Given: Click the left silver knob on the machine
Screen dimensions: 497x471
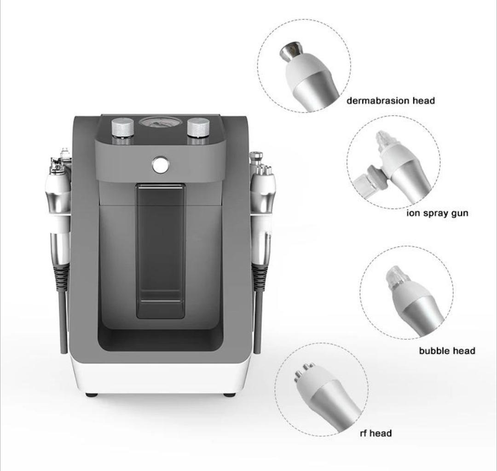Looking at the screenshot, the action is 123,128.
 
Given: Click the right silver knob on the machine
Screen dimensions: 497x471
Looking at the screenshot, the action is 198,128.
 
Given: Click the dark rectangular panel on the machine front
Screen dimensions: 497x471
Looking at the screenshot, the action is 161,251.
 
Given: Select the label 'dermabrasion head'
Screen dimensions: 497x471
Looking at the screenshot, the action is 391,101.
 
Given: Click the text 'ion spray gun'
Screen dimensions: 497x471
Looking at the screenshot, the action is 438,213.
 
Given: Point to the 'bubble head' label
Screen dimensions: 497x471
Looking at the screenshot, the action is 447,350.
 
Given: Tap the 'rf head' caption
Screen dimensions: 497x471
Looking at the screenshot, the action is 376,433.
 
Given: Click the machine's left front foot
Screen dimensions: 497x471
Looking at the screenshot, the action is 92,395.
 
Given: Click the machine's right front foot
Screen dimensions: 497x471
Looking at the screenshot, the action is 229,395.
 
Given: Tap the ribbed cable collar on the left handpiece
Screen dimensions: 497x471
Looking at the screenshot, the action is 61,277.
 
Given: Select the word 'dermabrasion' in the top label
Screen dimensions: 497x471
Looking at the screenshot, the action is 378,101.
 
